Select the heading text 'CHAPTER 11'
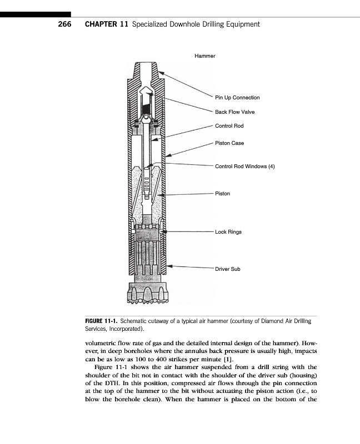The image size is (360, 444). (106, 24)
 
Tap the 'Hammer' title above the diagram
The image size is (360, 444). (204, 56)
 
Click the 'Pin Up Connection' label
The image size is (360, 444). (237, 98)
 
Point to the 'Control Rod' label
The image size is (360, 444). (229, 126)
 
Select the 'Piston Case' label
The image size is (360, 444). (229, 143)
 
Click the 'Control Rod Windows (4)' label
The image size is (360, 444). (245, 167)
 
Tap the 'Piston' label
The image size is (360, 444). (222, 194)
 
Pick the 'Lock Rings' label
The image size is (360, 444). (228, 232)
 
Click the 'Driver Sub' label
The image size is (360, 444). (228, 269)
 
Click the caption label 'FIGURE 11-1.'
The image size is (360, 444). (101, 321)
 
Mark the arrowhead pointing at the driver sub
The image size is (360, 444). (171, 266)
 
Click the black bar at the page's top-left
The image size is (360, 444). (36, 14)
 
